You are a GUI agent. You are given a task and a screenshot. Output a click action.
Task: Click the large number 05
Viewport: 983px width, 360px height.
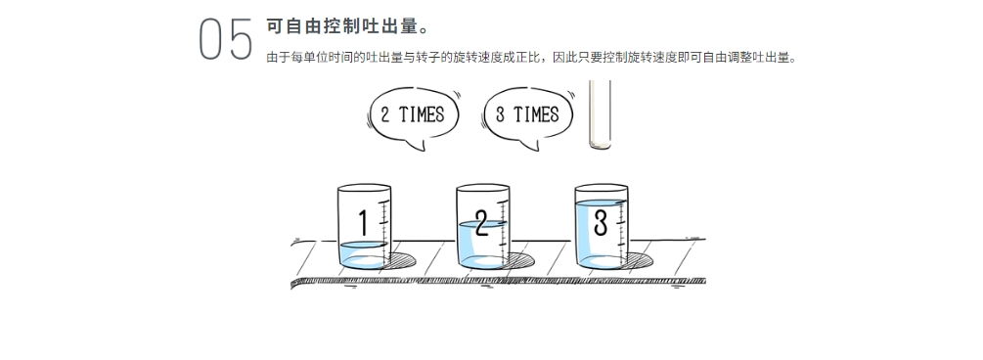point(226,39)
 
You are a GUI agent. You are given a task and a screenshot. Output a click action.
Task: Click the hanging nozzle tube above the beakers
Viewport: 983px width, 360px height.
point(600,114)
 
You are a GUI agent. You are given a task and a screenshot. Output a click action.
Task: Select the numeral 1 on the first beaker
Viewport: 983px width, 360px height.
point(363,223)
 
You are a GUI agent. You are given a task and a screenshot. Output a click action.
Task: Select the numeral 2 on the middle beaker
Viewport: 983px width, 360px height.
point(481,223)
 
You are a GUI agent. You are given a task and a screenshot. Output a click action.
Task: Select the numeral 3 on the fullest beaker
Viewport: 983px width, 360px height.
point(601,223)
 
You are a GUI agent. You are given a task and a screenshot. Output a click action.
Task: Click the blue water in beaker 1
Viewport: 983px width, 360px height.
point(364,255)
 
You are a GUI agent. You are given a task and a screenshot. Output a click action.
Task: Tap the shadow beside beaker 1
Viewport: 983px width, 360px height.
point(402,260)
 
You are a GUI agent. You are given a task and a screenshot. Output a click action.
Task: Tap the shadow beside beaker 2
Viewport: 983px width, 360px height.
point(521,260)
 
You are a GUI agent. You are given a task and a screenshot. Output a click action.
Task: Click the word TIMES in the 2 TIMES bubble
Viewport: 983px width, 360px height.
point(422,114)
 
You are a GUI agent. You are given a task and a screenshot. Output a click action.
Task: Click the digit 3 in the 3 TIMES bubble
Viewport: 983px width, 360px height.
point(500,114)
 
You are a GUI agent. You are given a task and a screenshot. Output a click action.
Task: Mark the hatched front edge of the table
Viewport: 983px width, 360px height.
point(499,282)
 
